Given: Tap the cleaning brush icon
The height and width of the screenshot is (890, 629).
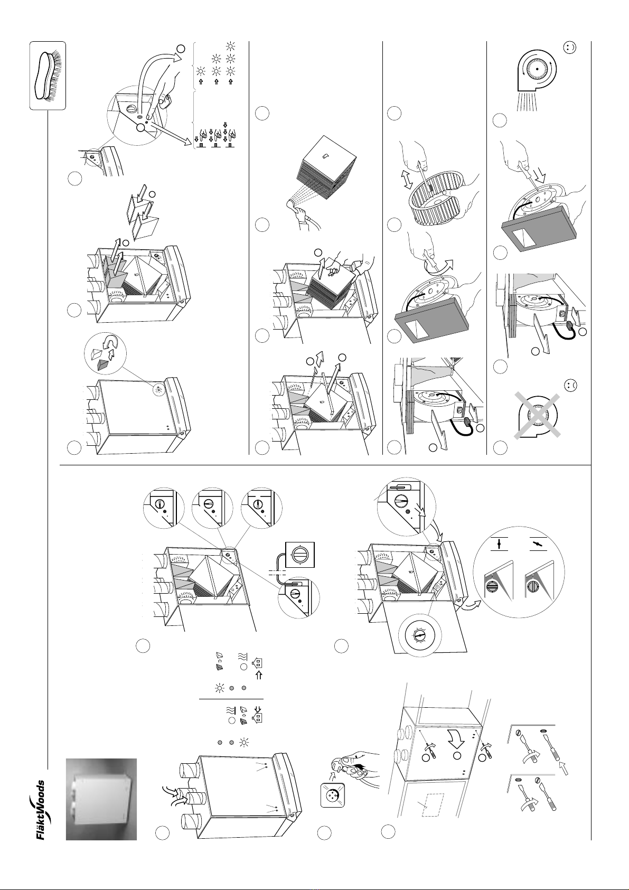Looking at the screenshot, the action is pos(48,76).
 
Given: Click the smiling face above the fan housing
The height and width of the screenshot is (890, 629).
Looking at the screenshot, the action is pos(570,48).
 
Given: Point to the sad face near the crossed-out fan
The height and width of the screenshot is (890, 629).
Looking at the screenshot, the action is pos(570,385).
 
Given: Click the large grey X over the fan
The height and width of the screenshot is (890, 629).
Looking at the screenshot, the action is pos(537,416).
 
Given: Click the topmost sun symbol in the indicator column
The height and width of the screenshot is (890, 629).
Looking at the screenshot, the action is pos(230,46).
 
